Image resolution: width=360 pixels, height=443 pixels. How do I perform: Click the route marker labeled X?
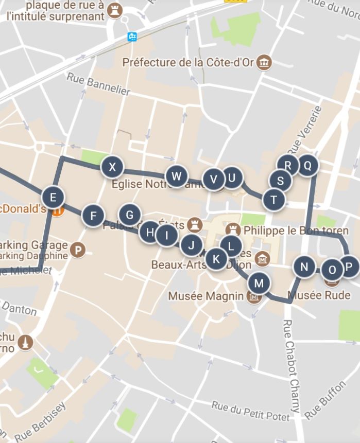112,167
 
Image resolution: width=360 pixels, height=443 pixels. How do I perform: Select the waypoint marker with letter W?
177,176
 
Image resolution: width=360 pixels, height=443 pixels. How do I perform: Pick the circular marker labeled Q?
307,166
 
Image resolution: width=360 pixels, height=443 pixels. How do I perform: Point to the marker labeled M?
259,283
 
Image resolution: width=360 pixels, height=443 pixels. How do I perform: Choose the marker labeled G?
130,215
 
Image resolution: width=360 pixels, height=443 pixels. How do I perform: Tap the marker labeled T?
273,200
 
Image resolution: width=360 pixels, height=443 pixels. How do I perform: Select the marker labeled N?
304,267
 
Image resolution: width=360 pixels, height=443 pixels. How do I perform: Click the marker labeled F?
93,216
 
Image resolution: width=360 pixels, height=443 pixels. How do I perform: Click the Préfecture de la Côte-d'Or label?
191,63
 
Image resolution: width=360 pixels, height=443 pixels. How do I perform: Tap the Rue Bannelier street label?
98,83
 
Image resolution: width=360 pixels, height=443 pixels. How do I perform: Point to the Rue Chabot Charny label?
291,365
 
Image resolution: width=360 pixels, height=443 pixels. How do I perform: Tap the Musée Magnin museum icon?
253,296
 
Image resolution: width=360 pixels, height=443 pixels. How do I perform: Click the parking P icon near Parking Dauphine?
78,250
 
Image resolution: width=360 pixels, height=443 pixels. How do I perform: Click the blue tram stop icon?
132,37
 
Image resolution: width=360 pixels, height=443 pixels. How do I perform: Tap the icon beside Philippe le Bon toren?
233,228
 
